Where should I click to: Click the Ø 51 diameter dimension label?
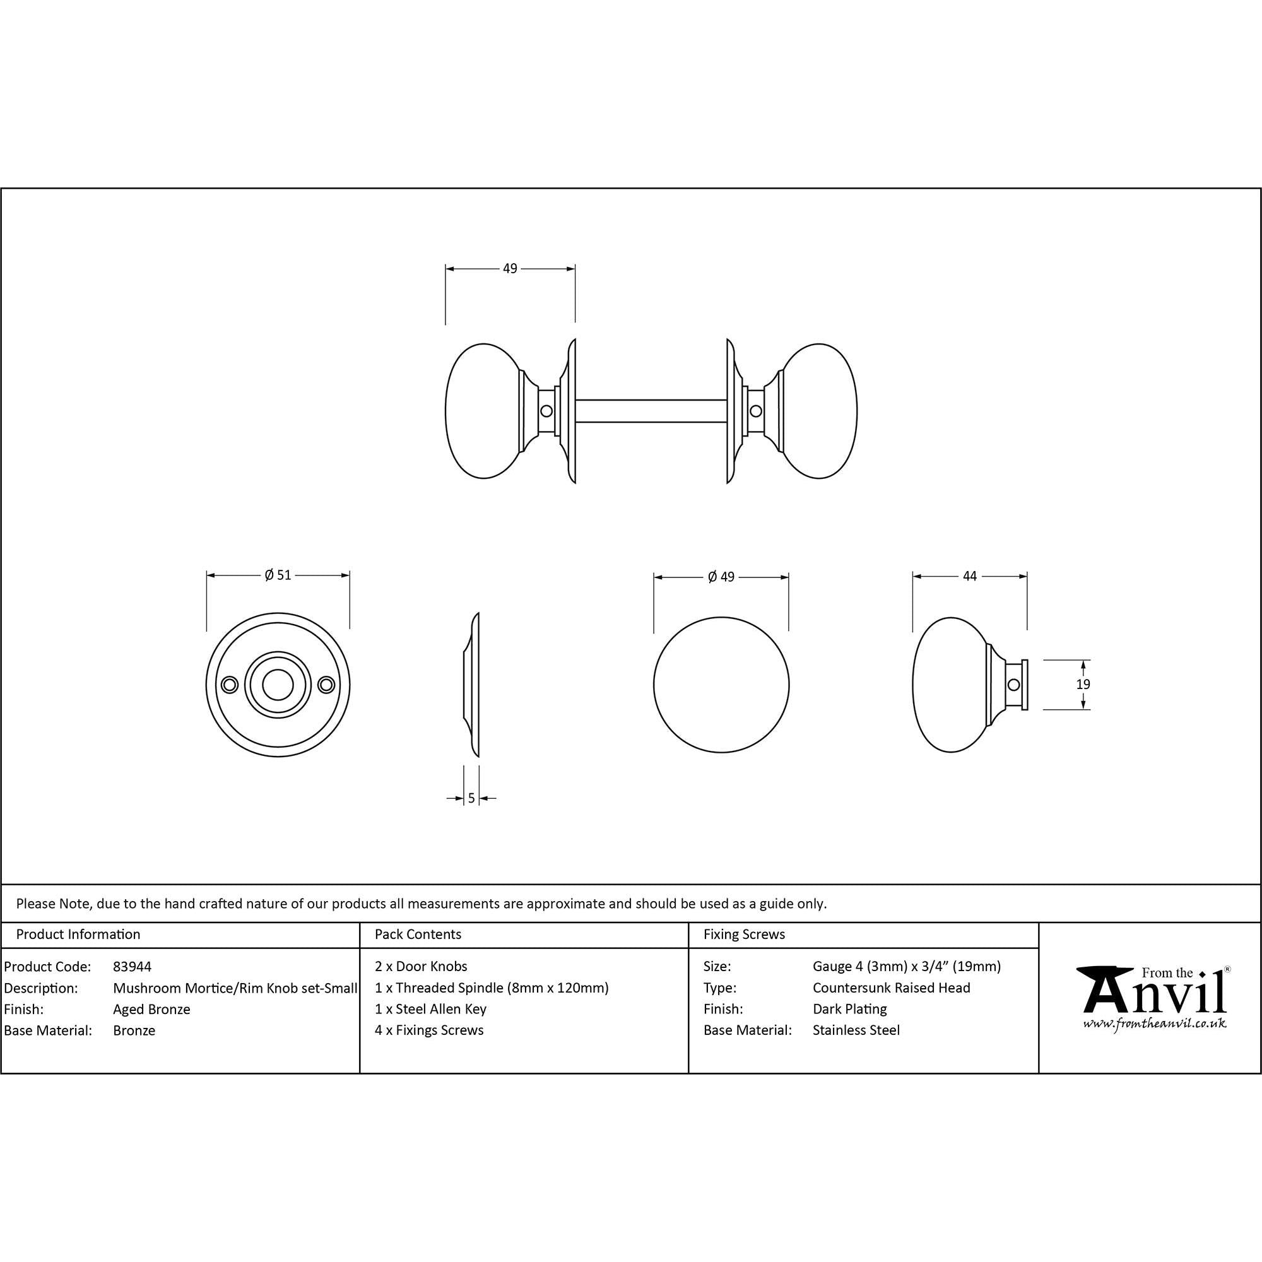[278, 575]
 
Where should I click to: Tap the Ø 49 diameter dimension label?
[721, 577]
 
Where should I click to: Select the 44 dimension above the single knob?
[970, 576]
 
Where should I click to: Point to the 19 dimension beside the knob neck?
[1083, 685]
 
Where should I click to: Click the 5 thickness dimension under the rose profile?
[471, 798]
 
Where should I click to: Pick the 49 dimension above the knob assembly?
[510, 268]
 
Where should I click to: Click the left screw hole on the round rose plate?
[228, 685]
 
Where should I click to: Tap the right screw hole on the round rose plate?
[327, 685]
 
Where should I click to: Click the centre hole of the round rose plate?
[278, 685]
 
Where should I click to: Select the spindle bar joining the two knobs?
[651, 411]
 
